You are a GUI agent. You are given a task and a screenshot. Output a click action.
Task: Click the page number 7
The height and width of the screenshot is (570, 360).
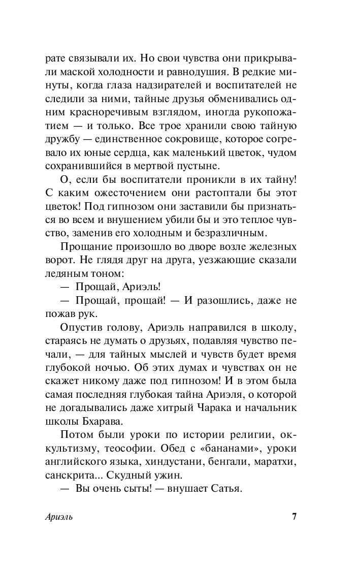pyautogui.click(x=294, y=517)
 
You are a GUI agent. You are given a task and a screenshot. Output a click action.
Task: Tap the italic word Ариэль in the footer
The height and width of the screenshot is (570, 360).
pyautogui.click(x=59, y=518)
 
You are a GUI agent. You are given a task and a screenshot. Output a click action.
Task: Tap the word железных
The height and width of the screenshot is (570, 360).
pyautogui.click(x=270, y=248)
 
